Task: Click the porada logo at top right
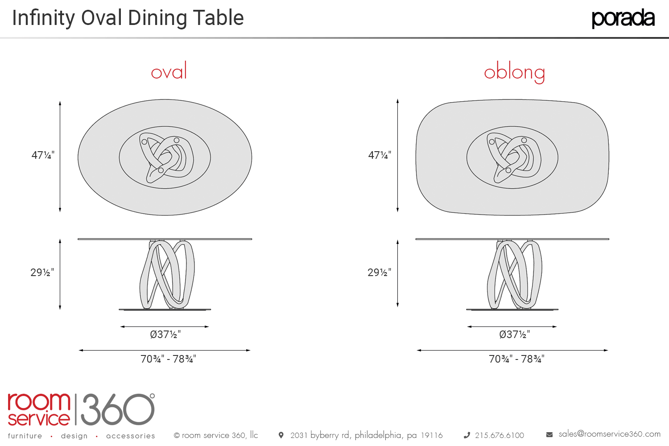coord(623,18)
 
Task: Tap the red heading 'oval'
coord(169,72)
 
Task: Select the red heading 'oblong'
coord(514,72)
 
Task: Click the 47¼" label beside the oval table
coord(43,155)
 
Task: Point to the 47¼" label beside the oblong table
coord(380,155)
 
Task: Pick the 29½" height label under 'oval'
coord(42,273)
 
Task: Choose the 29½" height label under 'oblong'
coord(379,273)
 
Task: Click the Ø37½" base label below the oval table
coord(165,334)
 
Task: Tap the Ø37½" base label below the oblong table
coord(515,334)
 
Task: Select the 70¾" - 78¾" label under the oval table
coord(168,359)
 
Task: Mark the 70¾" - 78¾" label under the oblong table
coord(516,359)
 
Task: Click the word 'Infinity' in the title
coord(43,18)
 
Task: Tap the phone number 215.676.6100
coord(499,435)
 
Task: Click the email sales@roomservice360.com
coord(609,434)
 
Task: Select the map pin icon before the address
coord(281,435)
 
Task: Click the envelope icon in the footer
coord(549,434)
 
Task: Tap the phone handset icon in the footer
coord(467,435)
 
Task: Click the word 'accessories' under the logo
coord(131,436)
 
